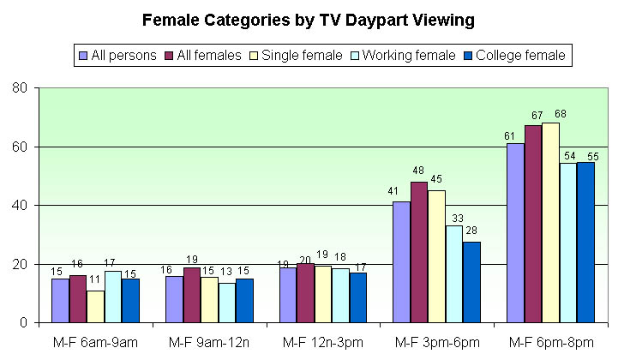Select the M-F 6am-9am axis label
pyautogui.click(x=95, y=343)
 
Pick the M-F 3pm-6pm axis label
pyautogui.click(x=437, y=343)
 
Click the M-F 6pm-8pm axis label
pyautogui.click(x=551, y=343)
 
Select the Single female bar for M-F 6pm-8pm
pyautogui.click(x=550, y=223)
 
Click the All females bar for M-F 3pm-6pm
pyautogui.click(x=419, y=252)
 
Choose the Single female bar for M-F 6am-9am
pyautogui.click(x=95, y=307)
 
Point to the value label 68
pyautogui.click(x=550, y=114)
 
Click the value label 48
pyautogui.click(x=419, y=173)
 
